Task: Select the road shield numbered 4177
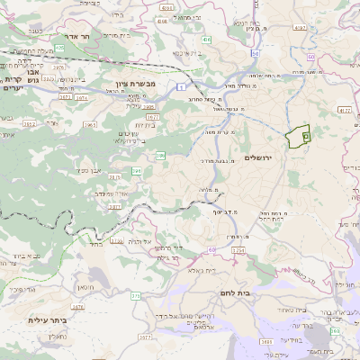click(346, 109)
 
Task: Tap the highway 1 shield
click(180, 85)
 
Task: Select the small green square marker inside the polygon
click(306, 135)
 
